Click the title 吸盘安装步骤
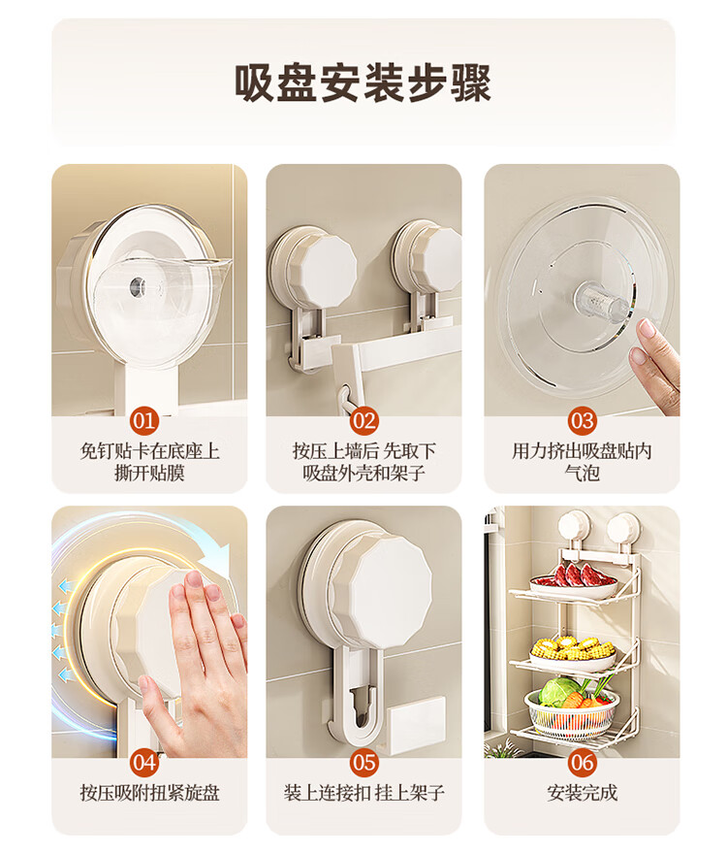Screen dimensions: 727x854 (x=363, y=83)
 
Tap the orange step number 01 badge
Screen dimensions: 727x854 (x=144, y=421)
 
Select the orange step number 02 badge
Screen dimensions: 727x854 (x=363, y=421)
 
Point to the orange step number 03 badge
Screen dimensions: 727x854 (x=582, y=421)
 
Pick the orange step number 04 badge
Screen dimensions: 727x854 (x=144, y=763)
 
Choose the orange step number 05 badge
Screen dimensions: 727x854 (x=363, y=763)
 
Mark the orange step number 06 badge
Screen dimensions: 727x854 (x=582, y=763)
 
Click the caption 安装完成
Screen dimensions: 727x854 (x=582, y=793)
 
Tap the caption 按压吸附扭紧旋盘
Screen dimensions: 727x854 (x=149, y=793)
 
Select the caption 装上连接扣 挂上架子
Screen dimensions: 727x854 (x=363, y=793)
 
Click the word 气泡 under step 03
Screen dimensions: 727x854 (x=582, y=473)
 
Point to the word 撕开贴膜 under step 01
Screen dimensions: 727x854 (x=149, y=473)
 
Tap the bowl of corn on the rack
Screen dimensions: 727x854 (x=573, y=651)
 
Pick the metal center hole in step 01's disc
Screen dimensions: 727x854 (x=136, y=285)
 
